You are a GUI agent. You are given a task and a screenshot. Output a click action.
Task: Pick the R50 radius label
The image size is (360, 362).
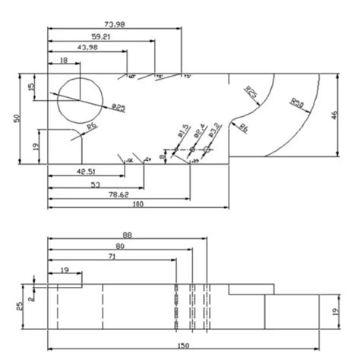[298, 102]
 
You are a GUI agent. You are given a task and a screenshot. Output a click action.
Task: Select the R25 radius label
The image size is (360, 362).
[250, 92]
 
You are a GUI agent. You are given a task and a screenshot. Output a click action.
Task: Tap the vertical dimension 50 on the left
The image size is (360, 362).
[17, 118]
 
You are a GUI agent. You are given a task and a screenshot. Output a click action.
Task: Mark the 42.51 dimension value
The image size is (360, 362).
[84, 172]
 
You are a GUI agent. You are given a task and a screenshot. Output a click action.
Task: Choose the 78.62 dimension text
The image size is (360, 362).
[116, 194]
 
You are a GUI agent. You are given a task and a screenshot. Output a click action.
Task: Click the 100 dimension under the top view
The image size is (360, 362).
[137, 206]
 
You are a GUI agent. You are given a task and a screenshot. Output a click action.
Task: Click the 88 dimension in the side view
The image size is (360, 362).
[127, 236]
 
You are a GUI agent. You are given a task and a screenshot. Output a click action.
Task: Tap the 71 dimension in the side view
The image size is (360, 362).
[112, 259]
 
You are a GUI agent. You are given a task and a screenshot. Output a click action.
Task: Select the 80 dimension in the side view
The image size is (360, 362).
[120, 247]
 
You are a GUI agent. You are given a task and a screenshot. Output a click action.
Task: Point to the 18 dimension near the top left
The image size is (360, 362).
[63, 60]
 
